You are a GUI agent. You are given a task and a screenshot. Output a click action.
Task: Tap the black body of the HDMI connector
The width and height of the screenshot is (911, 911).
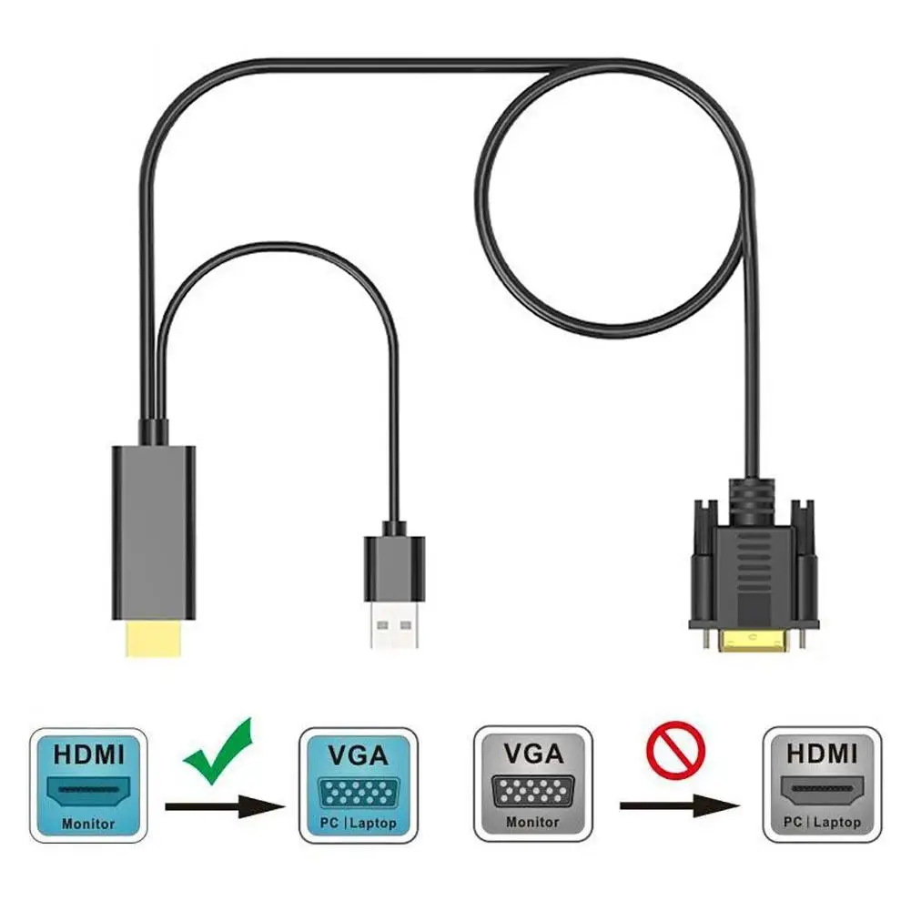(153, 532)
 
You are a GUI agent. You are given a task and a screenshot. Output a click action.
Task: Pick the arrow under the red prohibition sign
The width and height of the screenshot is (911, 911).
(678, 805)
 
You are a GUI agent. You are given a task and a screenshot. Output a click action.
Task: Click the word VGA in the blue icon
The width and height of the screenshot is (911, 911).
(358, 754)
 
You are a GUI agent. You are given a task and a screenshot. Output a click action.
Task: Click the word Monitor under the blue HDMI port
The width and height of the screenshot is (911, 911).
(88, 824)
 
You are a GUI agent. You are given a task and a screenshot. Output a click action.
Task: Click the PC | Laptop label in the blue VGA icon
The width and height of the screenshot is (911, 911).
(358, 824)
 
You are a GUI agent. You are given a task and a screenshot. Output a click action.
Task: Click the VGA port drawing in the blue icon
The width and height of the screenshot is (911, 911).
(358, 791)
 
